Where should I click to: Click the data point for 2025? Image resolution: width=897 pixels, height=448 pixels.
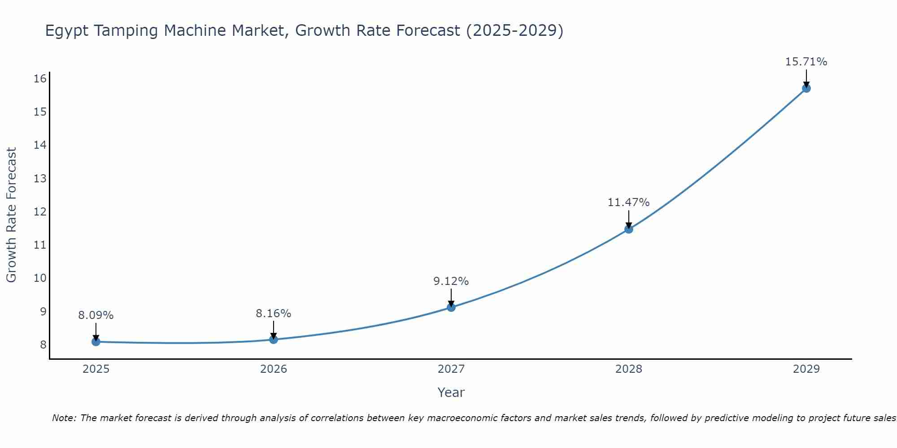96,342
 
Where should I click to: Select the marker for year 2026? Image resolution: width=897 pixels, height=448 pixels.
274,339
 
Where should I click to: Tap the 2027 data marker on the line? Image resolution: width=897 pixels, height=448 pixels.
451,307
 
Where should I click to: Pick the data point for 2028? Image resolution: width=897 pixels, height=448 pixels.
629,229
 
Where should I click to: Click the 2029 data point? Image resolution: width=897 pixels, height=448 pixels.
806,88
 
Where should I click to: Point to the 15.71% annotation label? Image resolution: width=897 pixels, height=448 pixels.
806,62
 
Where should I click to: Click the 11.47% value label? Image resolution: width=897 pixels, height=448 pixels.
628,202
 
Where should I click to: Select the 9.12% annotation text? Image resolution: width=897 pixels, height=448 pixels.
451,281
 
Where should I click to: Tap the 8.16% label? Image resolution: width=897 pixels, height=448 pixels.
273,314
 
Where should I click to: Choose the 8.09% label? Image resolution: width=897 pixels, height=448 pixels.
96,315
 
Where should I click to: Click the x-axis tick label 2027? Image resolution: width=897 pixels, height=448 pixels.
451,369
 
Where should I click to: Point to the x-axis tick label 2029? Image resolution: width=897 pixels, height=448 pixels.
806,369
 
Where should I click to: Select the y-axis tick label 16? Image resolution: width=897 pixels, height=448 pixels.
40,79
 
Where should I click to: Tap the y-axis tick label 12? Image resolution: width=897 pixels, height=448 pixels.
40,211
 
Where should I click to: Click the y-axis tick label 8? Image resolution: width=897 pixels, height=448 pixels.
43,345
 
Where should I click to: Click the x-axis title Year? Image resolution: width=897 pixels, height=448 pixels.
451,392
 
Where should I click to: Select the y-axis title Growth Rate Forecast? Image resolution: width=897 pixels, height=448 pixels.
11,215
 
